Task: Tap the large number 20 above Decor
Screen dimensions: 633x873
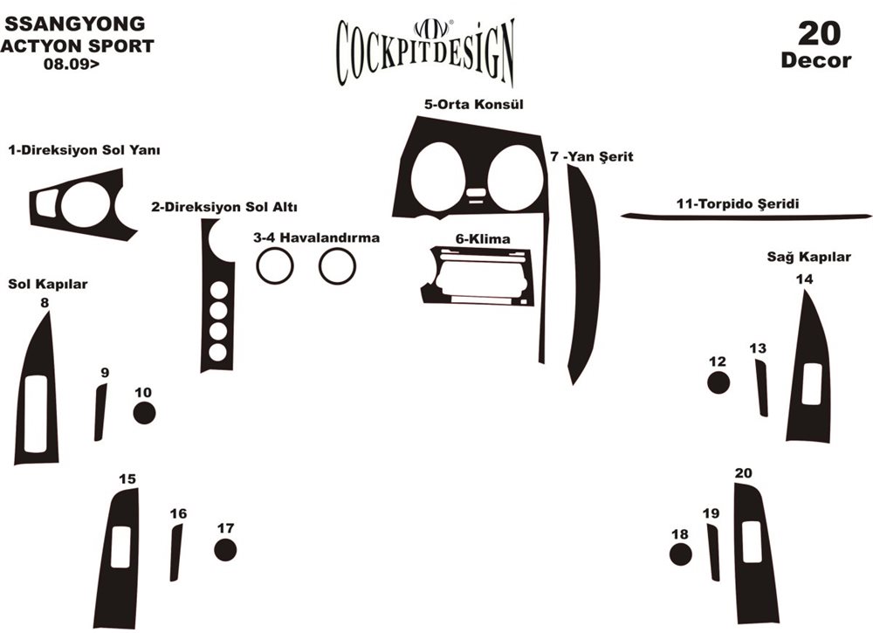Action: tap(819, 34)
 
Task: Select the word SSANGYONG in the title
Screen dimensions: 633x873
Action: tap(75, 24)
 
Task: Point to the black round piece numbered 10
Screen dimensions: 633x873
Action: tap(145, 413)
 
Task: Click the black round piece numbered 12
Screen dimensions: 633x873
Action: tap(718, 382)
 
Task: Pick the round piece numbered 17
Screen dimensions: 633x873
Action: tap(225, 550)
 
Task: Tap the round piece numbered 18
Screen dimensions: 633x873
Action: tap(681, 554)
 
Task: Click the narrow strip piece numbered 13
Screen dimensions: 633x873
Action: tap(761, 388)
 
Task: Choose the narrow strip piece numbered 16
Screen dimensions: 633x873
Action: tap(175, 554)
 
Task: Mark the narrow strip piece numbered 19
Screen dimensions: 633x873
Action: tap(714, 554)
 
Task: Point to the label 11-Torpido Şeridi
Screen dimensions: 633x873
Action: tap(738, 204)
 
